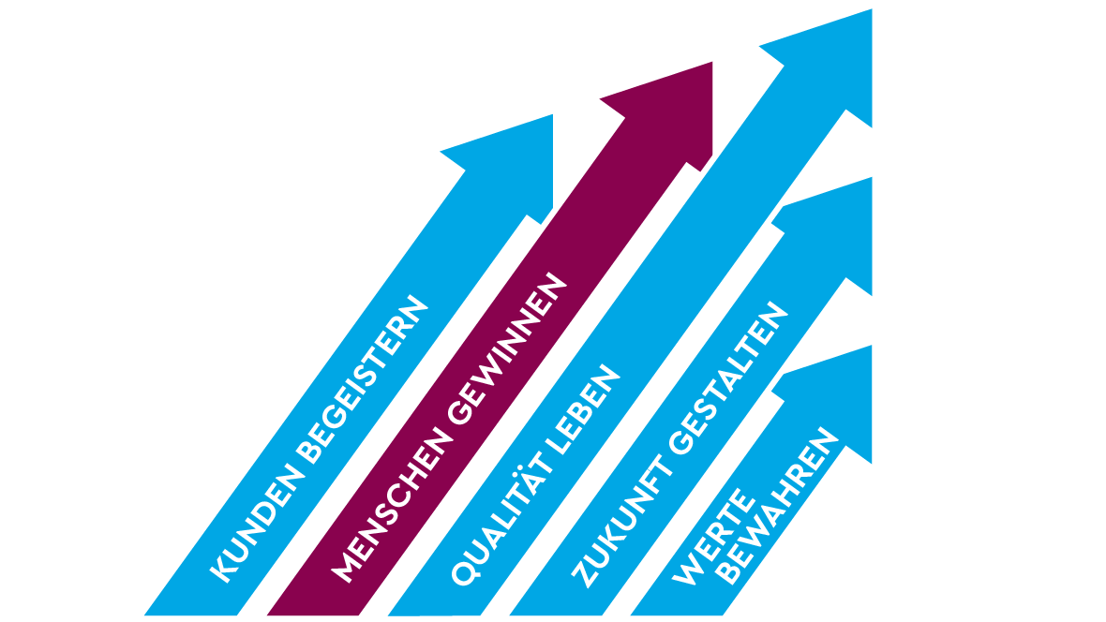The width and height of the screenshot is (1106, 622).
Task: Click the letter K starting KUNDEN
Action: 221,570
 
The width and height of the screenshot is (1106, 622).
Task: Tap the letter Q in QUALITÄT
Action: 461,572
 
